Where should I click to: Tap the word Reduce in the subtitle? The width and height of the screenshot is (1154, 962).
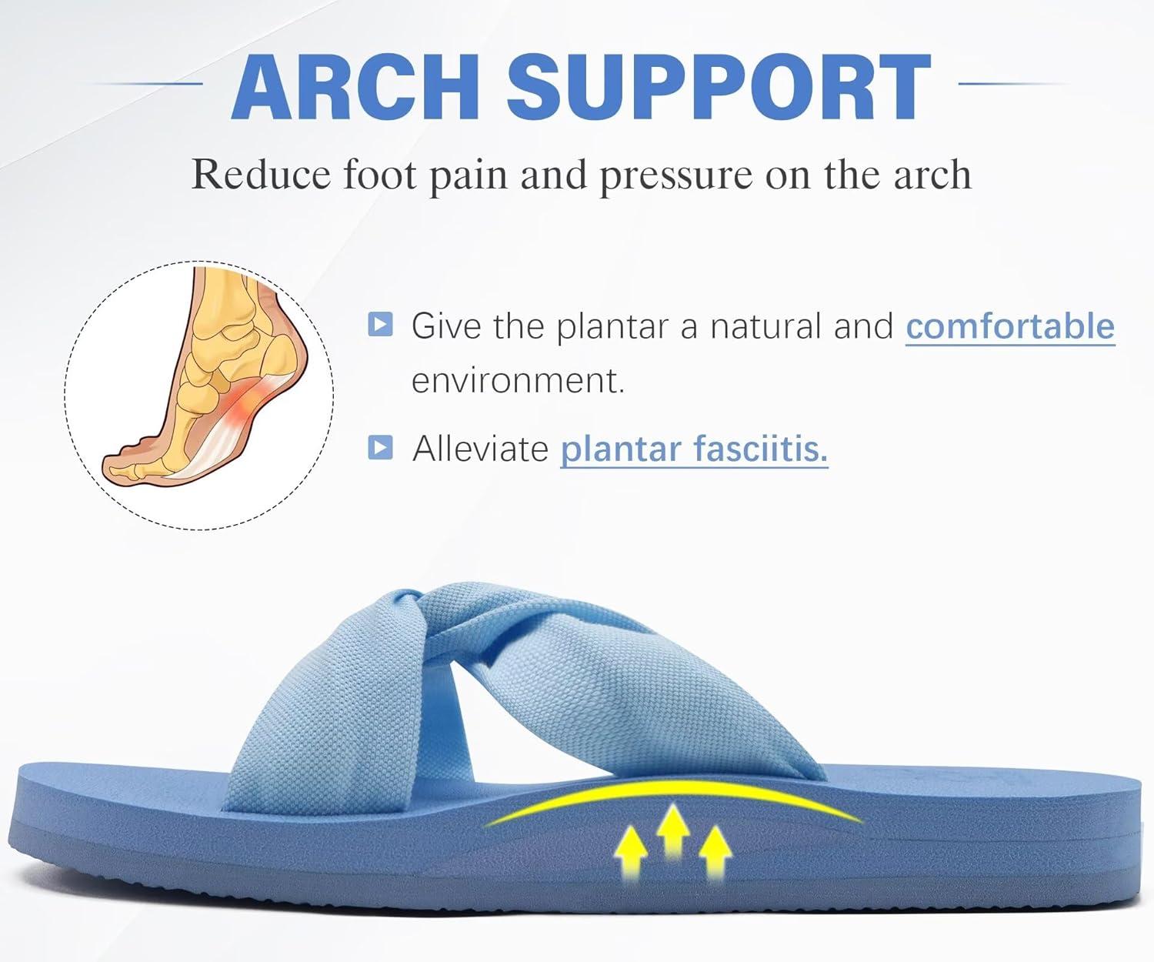tap(260, 175)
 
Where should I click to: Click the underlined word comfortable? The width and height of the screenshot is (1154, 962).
tap(1009, 326)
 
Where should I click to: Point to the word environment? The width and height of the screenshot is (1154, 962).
tap(518, 381)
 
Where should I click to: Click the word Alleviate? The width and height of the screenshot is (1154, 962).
tap(480, 448)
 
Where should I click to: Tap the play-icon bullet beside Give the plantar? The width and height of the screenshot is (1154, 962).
tap(380, 324)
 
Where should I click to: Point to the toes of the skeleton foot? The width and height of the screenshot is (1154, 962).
tap(127, 463)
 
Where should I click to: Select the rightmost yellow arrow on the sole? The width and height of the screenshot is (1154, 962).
tap(715, 854)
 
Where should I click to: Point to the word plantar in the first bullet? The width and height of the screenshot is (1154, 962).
tap(612, 327)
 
